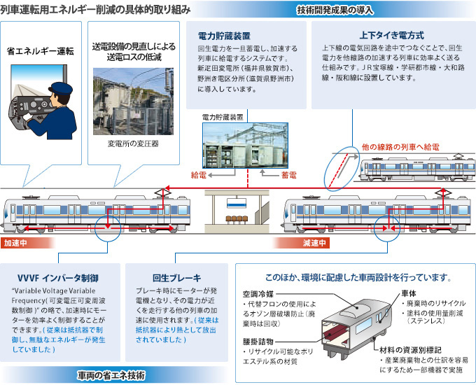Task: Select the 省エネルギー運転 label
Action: pyautogui.click(x=41, y=51)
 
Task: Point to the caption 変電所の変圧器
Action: pyautogui.click(x=134, y=143)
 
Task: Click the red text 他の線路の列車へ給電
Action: pyautogui.click(x=400, y=148)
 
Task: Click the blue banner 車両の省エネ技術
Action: pyautogui.click(x=111, y=375)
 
